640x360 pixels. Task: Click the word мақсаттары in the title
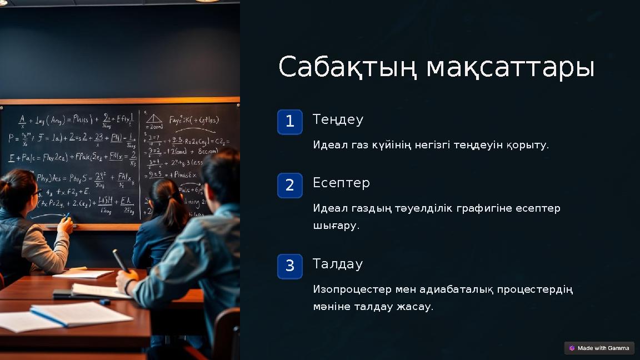pos(510,68)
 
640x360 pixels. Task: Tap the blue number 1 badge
pos(289,122)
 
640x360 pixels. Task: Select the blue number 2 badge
pos(289,185)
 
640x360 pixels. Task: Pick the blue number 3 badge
pos(289,266)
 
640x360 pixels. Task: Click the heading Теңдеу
pos(338,119)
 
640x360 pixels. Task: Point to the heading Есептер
pos(341,183)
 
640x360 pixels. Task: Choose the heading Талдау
pos(338,264)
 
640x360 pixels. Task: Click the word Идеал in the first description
pos(329,145)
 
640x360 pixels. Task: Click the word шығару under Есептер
pos(335,226)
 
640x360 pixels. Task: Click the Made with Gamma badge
pos(599,348)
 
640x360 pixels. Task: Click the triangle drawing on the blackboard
pos(154,119)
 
